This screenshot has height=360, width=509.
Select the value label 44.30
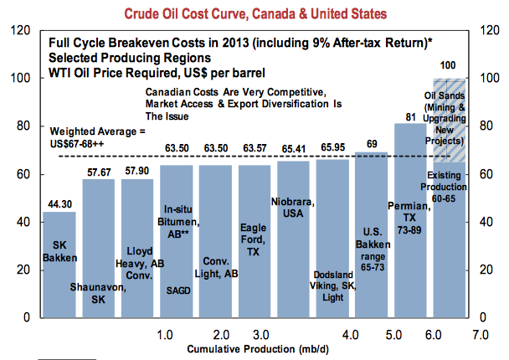tap(59, 202)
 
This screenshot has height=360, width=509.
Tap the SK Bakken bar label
tap(59, 251)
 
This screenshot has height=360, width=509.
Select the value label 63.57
tap(254, 148)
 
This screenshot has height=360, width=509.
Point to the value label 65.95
tap(332, 147)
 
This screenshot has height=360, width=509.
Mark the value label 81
tap(411, 116)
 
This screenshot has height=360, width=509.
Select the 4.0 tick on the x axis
tap(352, 334)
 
